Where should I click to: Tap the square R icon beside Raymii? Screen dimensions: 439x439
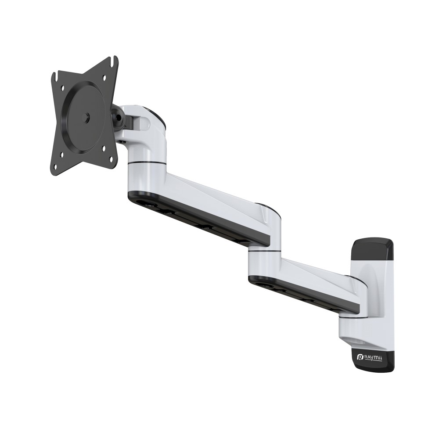tap(360, 357)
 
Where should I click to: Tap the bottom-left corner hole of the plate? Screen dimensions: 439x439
tap(56, 167)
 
